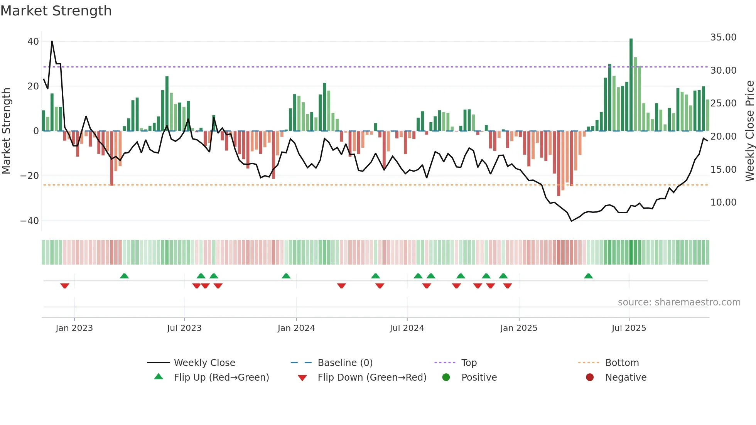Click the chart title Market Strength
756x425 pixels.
click(56, 11)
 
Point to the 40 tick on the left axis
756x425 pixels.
click(33, 41)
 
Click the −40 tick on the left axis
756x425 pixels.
click(30, 221)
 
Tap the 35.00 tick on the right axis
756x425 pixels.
click(723, 37)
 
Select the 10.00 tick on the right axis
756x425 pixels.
click(723, 202)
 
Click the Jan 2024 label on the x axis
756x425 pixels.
click(296, 328)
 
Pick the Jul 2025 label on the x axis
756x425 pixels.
click(628, 328)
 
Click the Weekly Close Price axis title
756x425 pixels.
click(749, 131)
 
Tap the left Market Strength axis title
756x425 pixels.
click(6, 131)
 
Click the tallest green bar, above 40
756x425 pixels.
click(631, 85)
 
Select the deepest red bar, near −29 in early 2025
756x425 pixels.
click(559, 164)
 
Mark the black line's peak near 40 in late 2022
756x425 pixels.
click(52, 41)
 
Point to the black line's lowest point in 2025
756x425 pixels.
click(571, 221)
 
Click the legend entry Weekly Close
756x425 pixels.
click(204, 363)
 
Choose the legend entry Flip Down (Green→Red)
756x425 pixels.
click(371, 378)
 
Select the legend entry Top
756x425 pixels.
click(469, 363)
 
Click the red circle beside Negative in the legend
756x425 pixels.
click(589, 378)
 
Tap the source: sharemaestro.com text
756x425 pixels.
click(679, 302)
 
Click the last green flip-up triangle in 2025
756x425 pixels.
click(588, 276)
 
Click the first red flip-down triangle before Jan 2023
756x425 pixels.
click(65, 286)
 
